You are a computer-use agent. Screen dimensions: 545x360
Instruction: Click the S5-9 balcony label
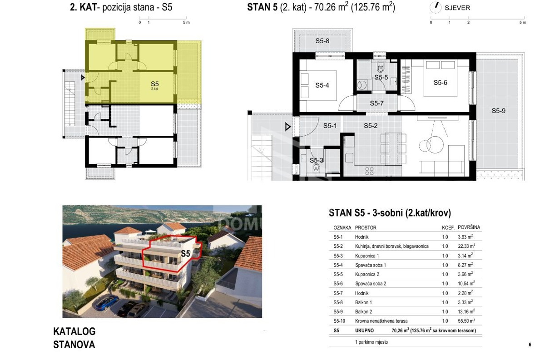[499, 111]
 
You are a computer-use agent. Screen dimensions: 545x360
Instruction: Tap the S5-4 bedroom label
[322, 85]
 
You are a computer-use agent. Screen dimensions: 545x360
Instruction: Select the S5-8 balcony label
[322, 41]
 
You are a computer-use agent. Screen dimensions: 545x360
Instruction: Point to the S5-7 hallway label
[377, 104]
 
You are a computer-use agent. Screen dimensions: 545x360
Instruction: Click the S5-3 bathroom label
[316, 160]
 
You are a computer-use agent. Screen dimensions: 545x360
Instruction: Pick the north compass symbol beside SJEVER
[435, 7]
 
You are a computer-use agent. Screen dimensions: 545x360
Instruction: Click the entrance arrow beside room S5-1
[288, 127]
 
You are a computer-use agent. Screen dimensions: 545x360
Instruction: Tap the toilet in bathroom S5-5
[381, 68]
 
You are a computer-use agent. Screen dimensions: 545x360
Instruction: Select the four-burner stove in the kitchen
[369, 171]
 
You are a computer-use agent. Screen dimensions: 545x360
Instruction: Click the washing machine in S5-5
[362, 85]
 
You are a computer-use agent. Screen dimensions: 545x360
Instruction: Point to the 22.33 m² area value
[466, 246]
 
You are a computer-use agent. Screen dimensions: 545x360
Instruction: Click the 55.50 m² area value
[466, 321]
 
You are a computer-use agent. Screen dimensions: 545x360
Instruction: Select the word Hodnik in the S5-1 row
[362, 237]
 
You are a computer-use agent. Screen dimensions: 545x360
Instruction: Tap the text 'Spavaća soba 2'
[371, 284]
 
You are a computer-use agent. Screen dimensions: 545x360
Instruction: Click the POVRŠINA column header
[469, 227]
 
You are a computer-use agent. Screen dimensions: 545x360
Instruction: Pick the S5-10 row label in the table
[339, 321]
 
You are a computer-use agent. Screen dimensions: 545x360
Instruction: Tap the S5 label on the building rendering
[185, 254]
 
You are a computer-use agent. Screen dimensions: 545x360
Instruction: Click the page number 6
[530, 345]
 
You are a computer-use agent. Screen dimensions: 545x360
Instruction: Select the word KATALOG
[74, 331]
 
